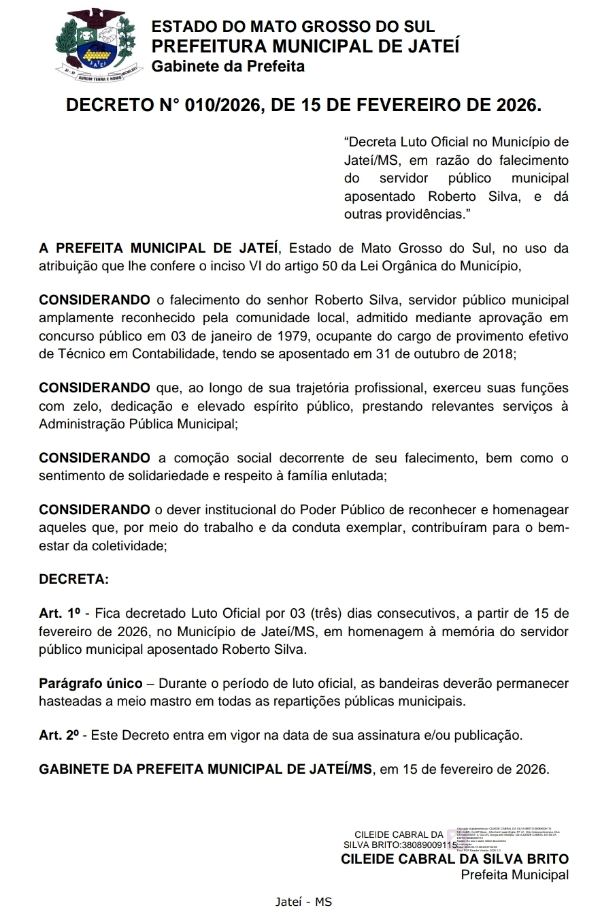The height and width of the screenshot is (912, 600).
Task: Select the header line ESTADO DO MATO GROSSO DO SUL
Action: point(293,27)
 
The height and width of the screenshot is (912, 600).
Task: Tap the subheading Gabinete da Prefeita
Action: point(228,66)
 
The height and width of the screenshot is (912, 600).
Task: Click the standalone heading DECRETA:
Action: point(73,580)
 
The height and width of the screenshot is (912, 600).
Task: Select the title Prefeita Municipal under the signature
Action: point(514,875)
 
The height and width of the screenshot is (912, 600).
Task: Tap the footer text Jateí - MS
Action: point(303,901)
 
